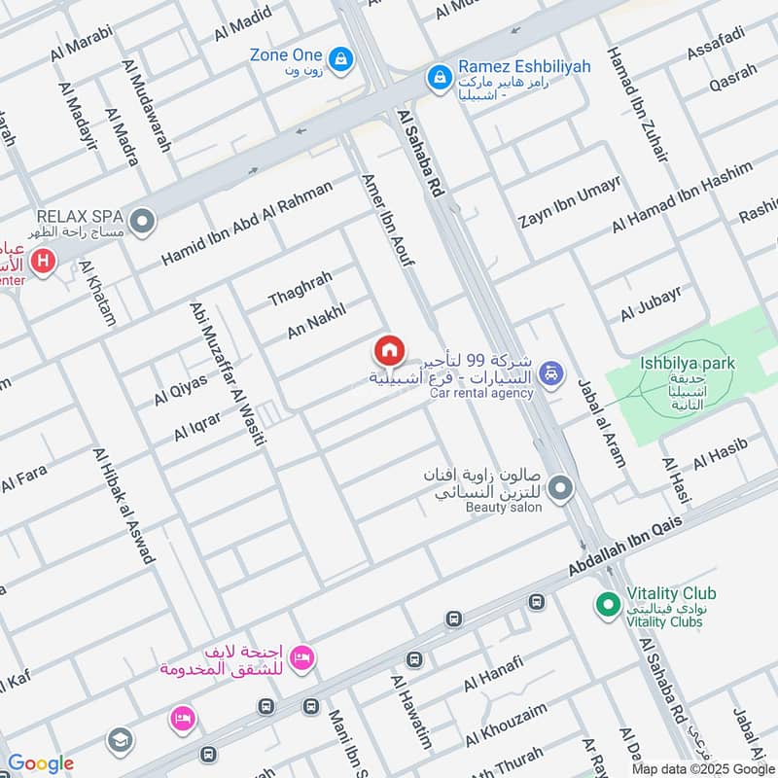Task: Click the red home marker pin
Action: tap(389, 349)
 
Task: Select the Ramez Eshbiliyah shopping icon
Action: tap(440, 74)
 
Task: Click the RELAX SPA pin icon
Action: tap(143, 224)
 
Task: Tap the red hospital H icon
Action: tap(42, 261)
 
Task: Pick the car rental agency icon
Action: tap(550, 372)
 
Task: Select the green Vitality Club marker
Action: tap(608, 604)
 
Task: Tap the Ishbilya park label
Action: tap(687, 364)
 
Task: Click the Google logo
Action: tap(40, 763)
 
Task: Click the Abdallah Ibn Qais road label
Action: tap(626, 548)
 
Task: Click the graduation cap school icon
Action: tap(120, 740)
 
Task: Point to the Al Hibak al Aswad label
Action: tap(124, 506)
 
